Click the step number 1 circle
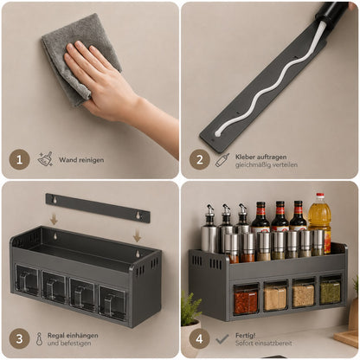(x=19, y=159)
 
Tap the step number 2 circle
(x=200, y=159)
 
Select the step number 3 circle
(x=19, y=338)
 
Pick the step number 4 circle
(x=200, y=338)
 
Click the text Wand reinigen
(x=81, y=160)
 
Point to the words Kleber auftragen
(x=260, y=157)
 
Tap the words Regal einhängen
(x=73, y=336)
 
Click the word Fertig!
(x=245, y=336)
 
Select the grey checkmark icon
(x=222, y=339)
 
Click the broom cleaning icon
(x=45, y=159)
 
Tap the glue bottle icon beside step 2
(x=222, y=160)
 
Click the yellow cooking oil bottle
(x=319, y=223)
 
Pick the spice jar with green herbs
(x=331, y=292)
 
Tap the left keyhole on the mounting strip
(x=54, y=199)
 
